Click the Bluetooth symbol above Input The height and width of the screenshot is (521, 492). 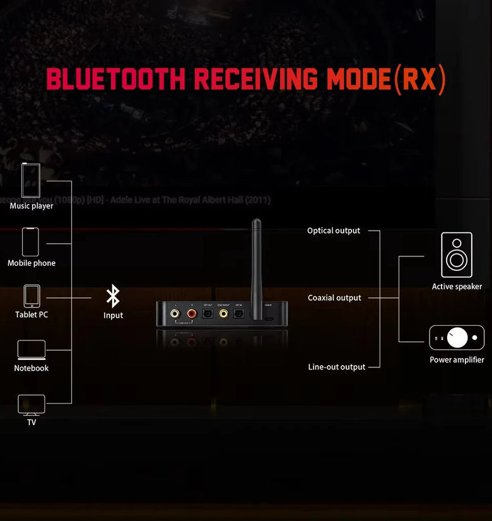coord(113,296)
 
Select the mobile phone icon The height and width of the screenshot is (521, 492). coord(30,242)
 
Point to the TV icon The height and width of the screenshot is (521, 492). coord(32,404)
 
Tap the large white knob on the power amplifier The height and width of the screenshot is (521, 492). coord(457,337)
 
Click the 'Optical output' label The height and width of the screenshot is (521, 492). coord(334,231)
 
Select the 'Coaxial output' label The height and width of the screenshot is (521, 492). coord(334,297)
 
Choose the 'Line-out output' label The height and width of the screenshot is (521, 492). coord(336,367)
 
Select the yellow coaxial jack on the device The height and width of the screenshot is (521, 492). coord(223,312)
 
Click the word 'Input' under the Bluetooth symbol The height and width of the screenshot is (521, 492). coord(113,315)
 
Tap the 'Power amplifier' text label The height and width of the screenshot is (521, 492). coord(457,360)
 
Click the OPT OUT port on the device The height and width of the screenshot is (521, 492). coord(208,312)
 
